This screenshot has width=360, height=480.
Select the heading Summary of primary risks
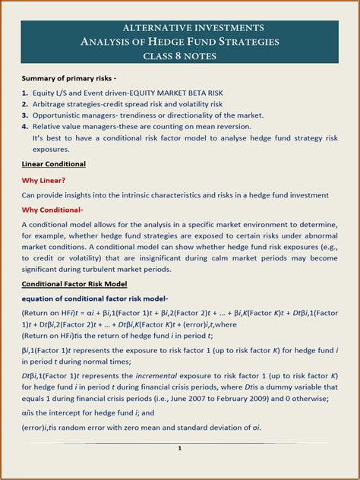tap(68, 78)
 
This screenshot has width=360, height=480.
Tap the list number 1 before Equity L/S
tap(25, 93)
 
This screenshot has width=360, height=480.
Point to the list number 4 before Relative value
tap(25, 127)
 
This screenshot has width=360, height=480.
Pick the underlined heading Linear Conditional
tap(53, 164)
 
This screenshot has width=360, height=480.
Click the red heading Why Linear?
tap(43, 180)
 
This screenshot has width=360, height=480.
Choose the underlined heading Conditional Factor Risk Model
tap(74, 283)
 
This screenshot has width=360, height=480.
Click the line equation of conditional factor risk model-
tap(95, 298)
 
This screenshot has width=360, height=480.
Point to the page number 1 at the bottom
tap(179, 448)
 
